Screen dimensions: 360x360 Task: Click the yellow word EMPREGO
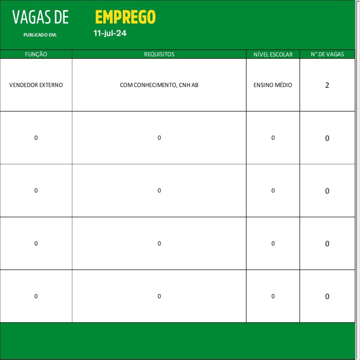[x=125, y=17]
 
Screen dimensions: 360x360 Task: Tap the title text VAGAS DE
[x=40, y=17]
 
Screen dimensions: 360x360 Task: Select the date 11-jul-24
[x=110, y=34]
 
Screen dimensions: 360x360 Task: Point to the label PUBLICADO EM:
[x=40, y=35]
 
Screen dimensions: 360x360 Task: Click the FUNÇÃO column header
[x=36, y=54]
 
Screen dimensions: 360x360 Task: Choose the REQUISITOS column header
[x=159, y=54]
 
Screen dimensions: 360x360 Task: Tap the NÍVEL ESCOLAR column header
[x=273, y=54]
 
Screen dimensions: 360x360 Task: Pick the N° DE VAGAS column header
[x=327, y=54]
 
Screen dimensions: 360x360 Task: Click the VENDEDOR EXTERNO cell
[x=36, y=85]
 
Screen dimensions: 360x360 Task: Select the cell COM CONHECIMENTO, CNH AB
[x=159, y=85]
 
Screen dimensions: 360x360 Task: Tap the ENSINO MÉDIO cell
[x=273, y=85]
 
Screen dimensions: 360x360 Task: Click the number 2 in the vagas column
[x=327, y=85]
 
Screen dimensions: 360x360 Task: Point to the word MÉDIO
[x=283, y=85]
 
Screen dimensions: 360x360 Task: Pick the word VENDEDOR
[x=22, y=85]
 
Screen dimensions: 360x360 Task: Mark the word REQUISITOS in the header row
[x=159, y=54]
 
